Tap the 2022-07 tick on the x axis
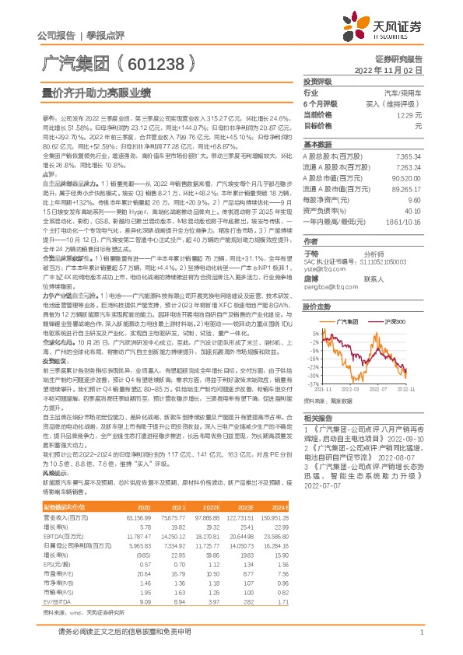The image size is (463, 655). coord(380,391)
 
